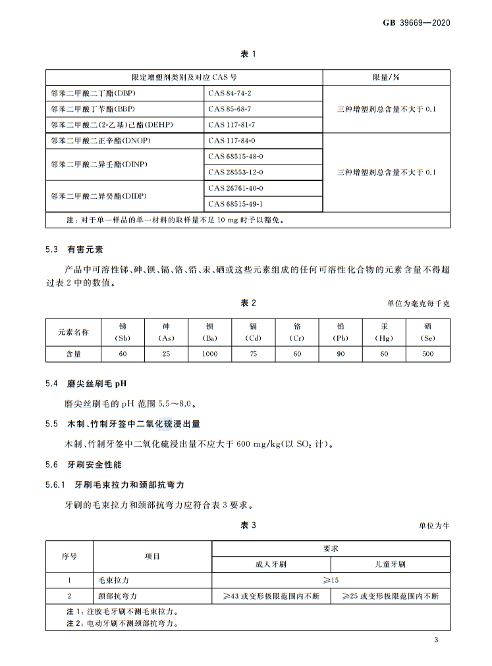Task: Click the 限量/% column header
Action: (x=386, y=78)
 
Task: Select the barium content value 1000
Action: (x=209, y=353)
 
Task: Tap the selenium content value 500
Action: (x=428, y=353)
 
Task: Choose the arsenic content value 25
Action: (x=166, y=353)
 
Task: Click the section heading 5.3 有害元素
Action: (x=74, y=249)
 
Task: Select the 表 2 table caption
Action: (x=247, y=303)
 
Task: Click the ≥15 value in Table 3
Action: (x=331, y=580)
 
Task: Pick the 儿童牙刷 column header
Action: (x=391, y=565)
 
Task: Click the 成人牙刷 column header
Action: (x=271, y=565)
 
